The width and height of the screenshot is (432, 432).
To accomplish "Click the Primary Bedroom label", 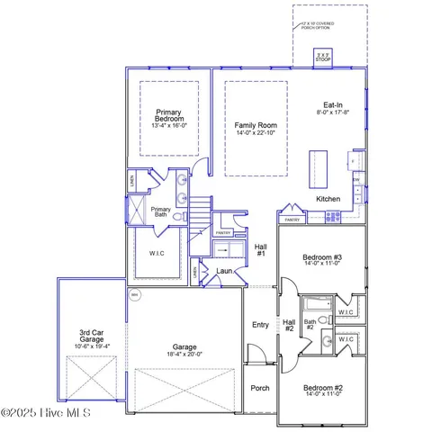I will pyautogui.click(x=168, y=114).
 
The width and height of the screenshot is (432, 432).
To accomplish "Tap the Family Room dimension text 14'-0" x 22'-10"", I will pyautogui.click(x=256, y=133).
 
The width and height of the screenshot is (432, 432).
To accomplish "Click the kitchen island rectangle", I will pyautogui.click(x=317, y=167).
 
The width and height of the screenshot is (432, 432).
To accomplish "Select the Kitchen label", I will pyautogui.click(x=328, y=198).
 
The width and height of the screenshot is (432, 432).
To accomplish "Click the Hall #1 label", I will pyautogui.click(x=261, y=249).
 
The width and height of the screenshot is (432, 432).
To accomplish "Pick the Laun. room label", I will pyautogui.click(x=224, y=270).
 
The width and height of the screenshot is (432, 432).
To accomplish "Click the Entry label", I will pyautogui.click(x=260, y=325).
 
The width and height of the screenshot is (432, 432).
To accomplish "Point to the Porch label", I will pyautogui.click(x=260, y=388).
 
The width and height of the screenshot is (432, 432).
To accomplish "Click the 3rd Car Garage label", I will pyautogui.click(x=92, y=338).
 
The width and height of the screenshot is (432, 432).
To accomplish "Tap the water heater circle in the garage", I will pyautogui.click(x=135, y=295).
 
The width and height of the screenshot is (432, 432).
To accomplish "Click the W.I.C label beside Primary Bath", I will pyautogui.click(x=157, y=253).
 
